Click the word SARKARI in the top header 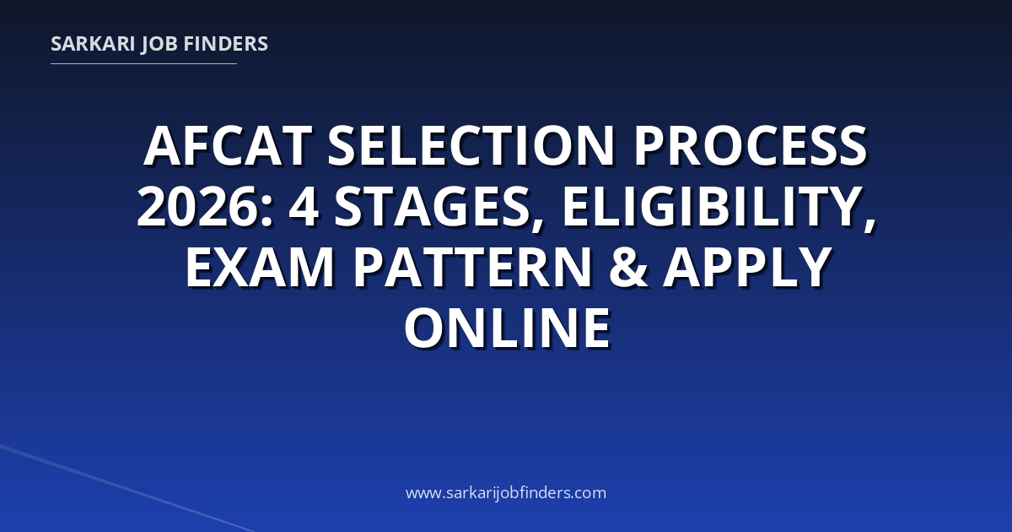pyautogui.click(x=93, y=44)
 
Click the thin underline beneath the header pyautogui.click(x=143, y=64)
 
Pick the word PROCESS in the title pyautogui.click(x=751, y=146)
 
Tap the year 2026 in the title pyautogui.click(x=198, y=207)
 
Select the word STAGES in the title pyautogui.click(x=432, y=207)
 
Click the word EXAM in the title pyautogui.click(x=261, y=267)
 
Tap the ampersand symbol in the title pyautogui.click(x=627, y=267)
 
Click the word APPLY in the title pyautogui.click(x=748, y=267)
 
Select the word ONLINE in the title pyautogui.click(x=508, y=328)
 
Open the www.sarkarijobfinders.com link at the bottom pyautogui.click(x=506, y=492)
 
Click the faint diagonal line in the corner pyautogui.click(x=127, y=489)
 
